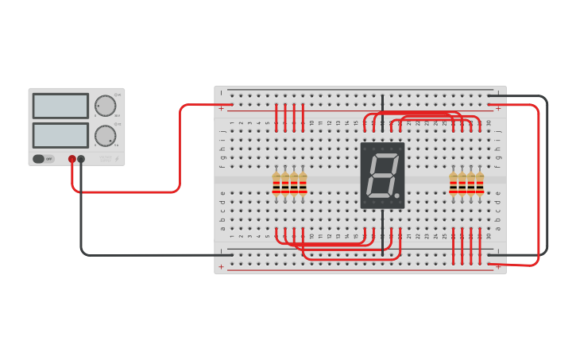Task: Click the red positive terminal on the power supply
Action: [x=72, y=159]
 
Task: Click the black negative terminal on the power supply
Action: [x=81, y=159]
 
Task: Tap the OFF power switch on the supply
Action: [x=44, y=159]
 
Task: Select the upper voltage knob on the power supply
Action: [x=105, y=106]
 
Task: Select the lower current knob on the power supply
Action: [x=105, y=135]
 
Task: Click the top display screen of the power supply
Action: [x=60, y=106]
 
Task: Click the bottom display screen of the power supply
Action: [x=60, y=134]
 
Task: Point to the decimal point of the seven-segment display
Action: [x=396, y=195]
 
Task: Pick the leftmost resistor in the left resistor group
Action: [x=276, y=184]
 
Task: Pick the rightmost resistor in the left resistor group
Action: [x=303, y=184]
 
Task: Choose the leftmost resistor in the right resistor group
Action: [x=454, y=184]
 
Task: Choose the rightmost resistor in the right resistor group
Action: [x=480, y=184]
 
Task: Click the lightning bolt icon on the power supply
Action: [x=118, y=159]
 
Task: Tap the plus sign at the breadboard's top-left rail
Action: [x=222, y=107]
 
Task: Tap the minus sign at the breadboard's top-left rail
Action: [x=222, y=93]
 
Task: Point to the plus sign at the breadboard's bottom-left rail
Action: [x=222, y=267]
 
